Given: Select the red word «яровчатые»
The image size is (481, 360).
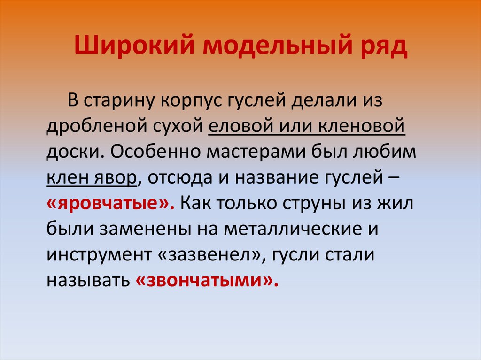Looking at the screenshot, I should tap(110, 204).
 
